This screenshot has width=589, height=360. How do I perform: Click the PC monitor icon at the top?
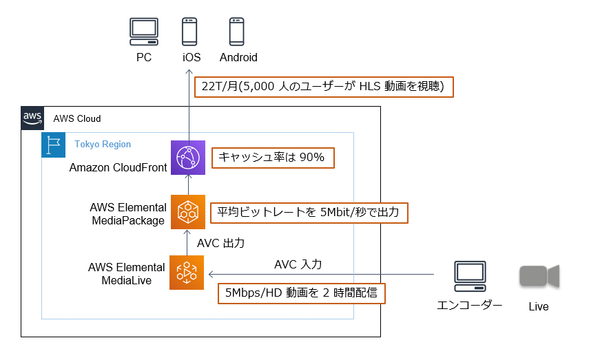click(143, 32)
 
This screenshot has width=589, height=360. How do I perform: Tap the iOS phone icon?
click(191, 32)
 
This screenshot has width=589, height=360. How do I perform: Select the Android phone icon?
click(238, 32)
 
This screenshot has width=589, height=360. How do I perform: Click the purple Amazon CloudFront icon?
click(187, 157)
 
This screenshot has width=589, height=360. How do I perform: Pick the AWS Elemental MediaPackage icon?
click(187, 213)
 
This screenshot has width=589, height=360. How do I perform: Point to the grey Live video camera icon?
click(539, 276)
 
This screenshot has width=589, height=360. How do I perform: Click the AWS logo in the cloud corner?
click(32, 118)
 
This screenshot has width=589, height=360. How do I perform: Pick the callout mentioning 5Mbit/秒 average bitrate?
click(309, 212)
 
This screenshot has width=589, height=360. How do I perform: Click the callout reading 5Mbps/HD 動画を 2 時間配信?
click(301, 293)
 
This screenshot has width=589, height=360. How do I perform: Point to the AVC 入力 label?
click(298, 264)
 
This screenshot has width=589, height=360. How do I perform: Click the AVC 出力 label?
click(220, 243)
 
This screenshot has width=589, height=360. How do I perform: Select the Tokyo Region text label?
click(103, 145)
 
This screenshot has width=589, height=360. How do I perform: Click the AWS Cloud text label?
click(77, 118)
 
